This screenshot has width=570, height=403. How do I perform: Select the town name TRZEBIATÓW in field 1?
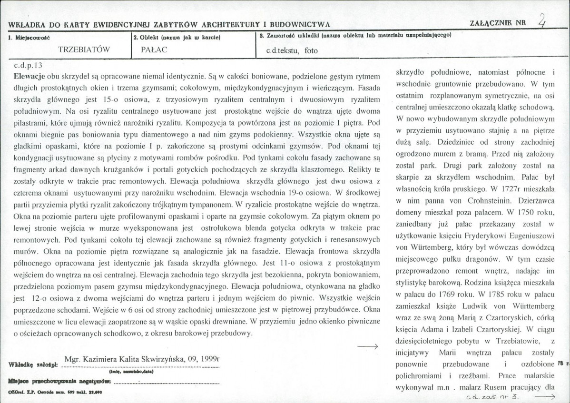point(84,49)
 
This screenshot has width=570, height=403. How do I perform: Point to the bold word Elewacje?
point(29,76)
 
